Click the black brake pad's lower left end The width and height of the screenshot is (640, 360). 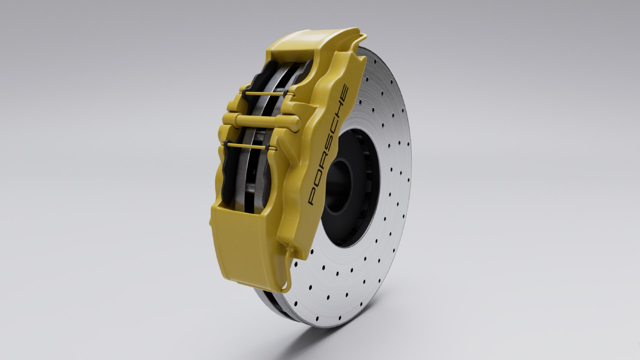tap(224, 197)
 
